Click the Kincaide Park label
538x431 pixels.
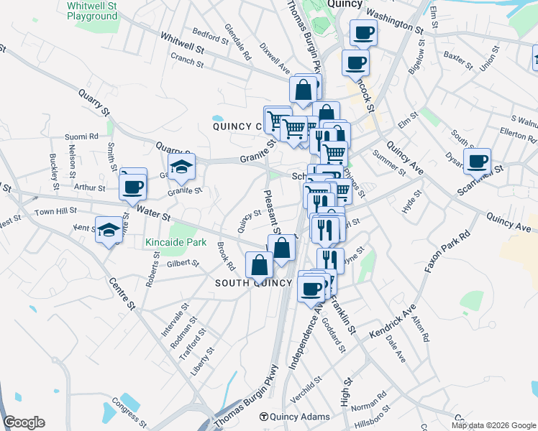[x=175, y=243]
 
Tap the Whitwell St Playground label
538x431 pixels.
[x=91, y=10]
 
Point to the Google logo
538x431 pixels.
[x=24, y=422]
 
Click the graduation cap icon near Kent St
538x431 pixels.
[x=109, y=230]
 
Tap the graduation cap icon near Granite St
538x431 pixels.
[x=182, y=168]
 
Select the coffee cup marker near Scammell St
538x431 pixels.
[x=478, y=162]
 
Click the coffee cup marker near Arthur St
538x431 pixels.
[x=133, y=188]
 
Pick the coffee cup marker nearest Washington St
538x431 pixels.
[x=363, y=33]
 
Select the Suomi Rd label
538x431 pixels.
[x=81, y=136]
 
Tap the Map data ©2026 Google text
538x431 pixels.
[x=493, y=425]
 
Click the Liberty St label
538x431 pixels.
[x=204, y=362]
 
